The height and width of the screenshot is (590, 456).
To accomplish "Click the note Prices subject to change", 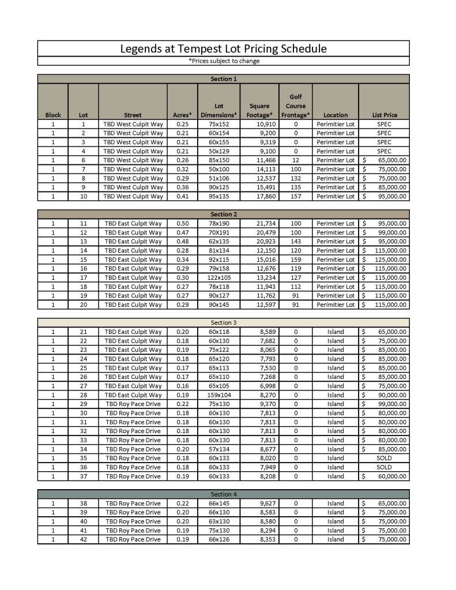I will [x=224, y=61].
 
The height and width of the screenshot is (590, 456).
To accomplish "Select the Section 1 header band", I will [x=224, y=79].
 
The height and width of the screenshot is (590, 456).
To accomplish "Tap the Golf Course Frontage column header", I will [x=296, y=106].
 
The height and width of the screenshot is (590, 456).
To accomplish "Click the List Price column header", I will [x=384, y=115].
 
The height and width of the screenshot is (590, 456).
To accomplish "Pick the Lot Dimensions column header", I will [x=218, y=110].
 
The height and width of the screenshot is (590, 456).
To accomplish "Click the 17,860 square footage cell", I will [x=260, y=197].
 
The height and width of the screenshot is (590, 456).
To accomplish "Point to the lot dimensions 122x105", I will [x=218, y=277].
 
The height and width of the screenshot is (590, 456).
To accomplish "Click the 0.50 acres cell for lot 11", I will [x=182, y=223].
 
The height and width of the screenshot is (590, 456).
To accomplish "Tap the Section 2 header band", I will [x=224, y=214].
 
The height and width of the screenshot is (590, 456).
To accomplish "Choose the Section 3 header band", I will [x=224, y=322].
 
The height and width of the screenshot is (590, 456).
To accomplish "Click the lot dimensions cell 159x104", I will [x=218, y=395].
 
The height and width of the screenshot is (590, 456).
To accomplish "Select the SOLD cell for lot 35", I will [x=384, y=459].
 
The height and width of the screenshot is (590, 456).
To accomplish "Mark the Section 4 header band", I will [x=224, y=494].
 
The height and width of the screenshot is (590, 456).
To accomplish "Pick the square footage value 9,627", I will [x=260, y=503].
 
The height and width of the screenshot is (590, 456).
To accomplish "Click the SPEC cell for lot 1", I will [x=384, y=124].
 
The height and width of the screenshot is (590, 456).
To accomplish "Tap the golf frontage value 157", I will [x=296, y=197].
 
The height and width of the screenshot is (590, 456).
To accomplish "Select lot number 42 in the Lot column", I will [x=83, y=539].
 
